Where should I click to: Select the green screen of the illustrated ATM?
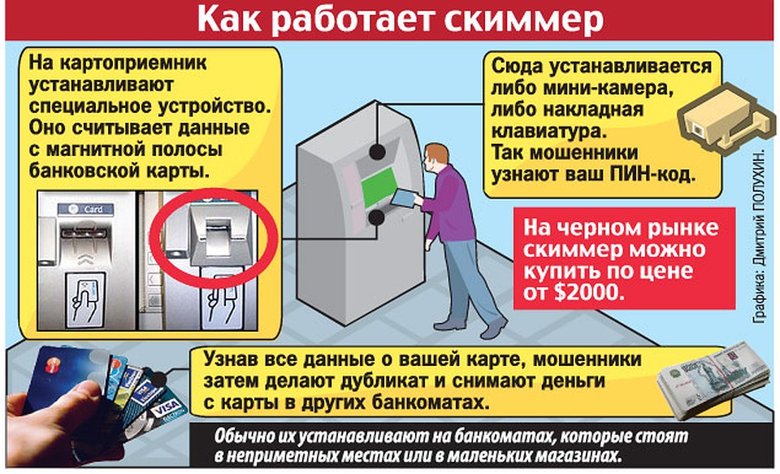(x=379, y=188)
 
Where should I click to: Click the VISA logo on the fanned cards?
(x=166, y=410)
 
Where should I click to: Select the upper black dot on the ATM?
(x=377, y=151)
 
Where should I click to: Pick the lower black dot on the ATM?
(x=376, y=218)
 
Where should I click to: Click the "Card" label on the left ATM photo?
(x=85, y=209)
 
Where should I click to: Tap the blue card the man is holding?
(x=404, y=198)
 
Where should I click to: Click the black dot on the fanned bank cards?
(x=158, y=380)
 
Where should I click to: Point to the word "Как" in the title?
(x=229, y=20)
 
